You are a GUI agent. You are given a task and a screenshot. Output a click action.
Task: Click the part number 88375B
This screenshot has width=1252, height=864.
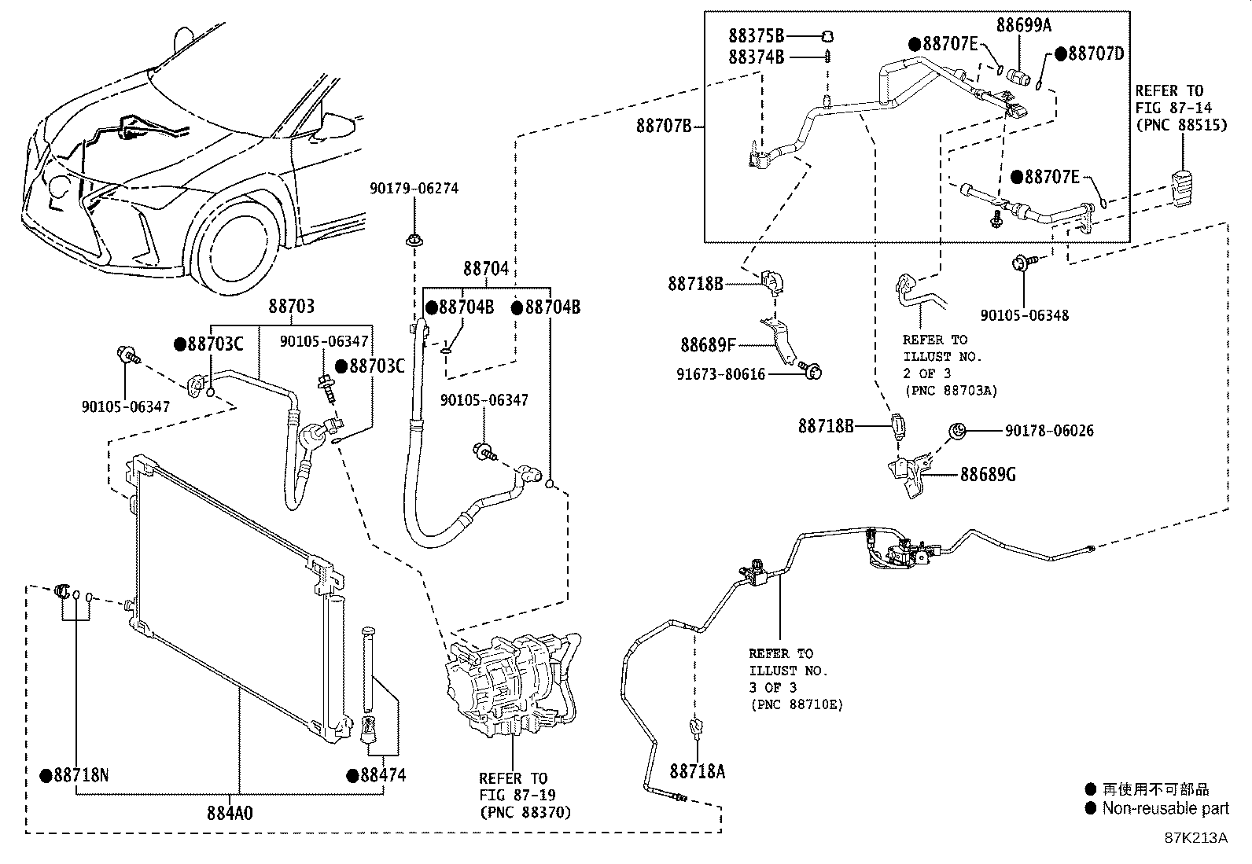(757, 35)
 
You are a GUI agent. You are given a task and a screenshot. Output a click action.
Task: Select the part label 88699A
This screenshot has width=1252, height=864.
(1023, 25)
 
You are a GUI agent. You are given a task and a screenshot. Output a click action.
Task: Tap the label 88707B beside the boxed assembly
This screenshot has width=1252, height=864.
(664, 127)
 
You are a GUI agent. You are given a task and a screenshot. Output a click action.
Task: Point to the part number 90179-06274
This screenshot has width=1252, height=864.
(414, 189)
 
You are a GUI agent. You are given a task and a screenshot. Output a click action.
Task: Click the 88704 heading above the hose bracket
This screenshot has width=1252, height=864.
(486, 269)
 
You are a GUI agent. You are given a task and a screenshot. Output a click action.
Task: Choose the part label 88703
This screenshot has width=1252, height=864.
(291, 307)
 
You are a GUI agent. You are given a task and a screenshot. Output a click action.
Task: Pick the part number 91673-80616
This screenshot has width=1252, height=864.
(720, 374)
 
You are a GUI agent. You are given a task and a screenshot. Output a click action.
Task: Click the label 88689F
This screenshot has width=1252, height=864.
(708, 345)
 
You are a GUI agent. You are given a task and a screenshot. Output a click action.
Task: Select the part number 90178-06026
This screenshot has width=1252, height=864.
(1049, 431)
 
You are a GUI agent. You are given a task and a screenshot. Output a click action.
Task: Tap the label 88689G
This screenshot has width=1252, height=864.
(988, 475)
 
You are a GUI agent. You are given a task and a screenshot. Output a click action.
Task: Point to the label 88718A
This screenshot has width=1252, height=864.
(697, 771)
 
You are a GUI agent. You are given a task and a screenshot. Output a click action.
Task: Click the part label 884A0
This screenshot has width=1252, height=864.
(230, 813)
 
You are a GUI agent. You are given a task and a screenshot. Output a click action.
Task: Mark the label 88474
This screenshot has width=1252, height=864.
(383, 775)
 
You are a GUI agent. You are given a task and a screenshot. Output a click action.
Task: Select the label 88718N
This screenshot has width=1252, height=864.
(81, 775)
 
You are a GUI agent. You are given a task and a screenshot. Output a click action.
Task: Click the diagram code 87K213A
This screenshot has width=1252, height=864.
(1195, 838)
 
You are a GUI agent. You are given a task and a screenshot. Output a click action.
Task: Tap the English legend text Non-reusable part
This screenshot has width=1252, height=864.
(1165, 808)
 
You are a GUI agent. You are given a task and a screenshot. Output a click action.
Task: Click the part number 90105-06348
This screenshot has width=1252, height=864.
(1025, 315)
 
